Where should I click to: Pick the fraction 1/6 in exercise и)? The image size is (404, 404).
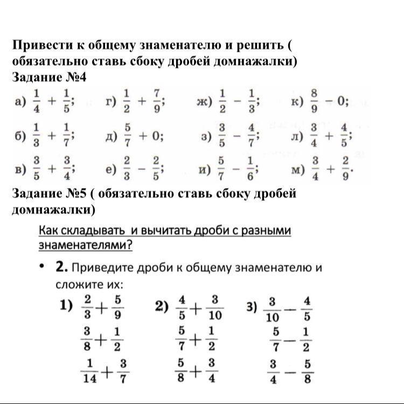point(250,170)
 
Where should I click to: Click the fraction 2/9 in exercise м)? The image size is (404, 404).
point(346,170)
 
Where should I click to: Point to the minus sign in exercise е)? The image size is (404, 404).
point(141,170)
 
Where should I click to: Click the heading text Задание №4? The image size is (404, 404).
point(49,78)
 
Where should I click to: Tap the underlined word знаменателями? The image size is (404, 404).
point(86,245)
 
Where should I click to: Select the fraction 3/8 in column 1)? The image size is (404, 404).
point(87,339)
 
